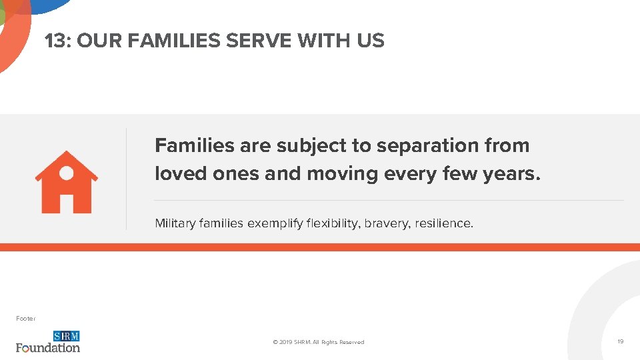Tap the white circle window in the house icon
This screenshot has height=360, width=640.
pos(67,173)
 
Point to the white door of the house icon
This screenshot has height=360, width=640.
pos(67,203)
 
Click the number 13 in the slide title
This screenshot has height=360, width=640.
pos(56,41)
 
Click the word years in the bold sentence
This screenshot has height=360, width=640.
pos(513,173)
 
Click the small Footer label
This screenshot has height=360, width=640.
pos(26,319)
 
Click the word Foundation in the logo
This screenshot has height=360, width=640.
pos(48,347)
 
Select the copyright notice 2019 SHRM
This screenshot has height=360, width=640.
pos(319,342)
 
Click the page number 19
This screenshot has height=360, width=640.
pos(620,341)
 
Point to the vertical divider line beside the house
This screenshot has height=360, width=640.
pos(126,179)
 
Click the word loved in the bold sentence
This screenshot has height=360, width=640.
pos(181,173)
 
